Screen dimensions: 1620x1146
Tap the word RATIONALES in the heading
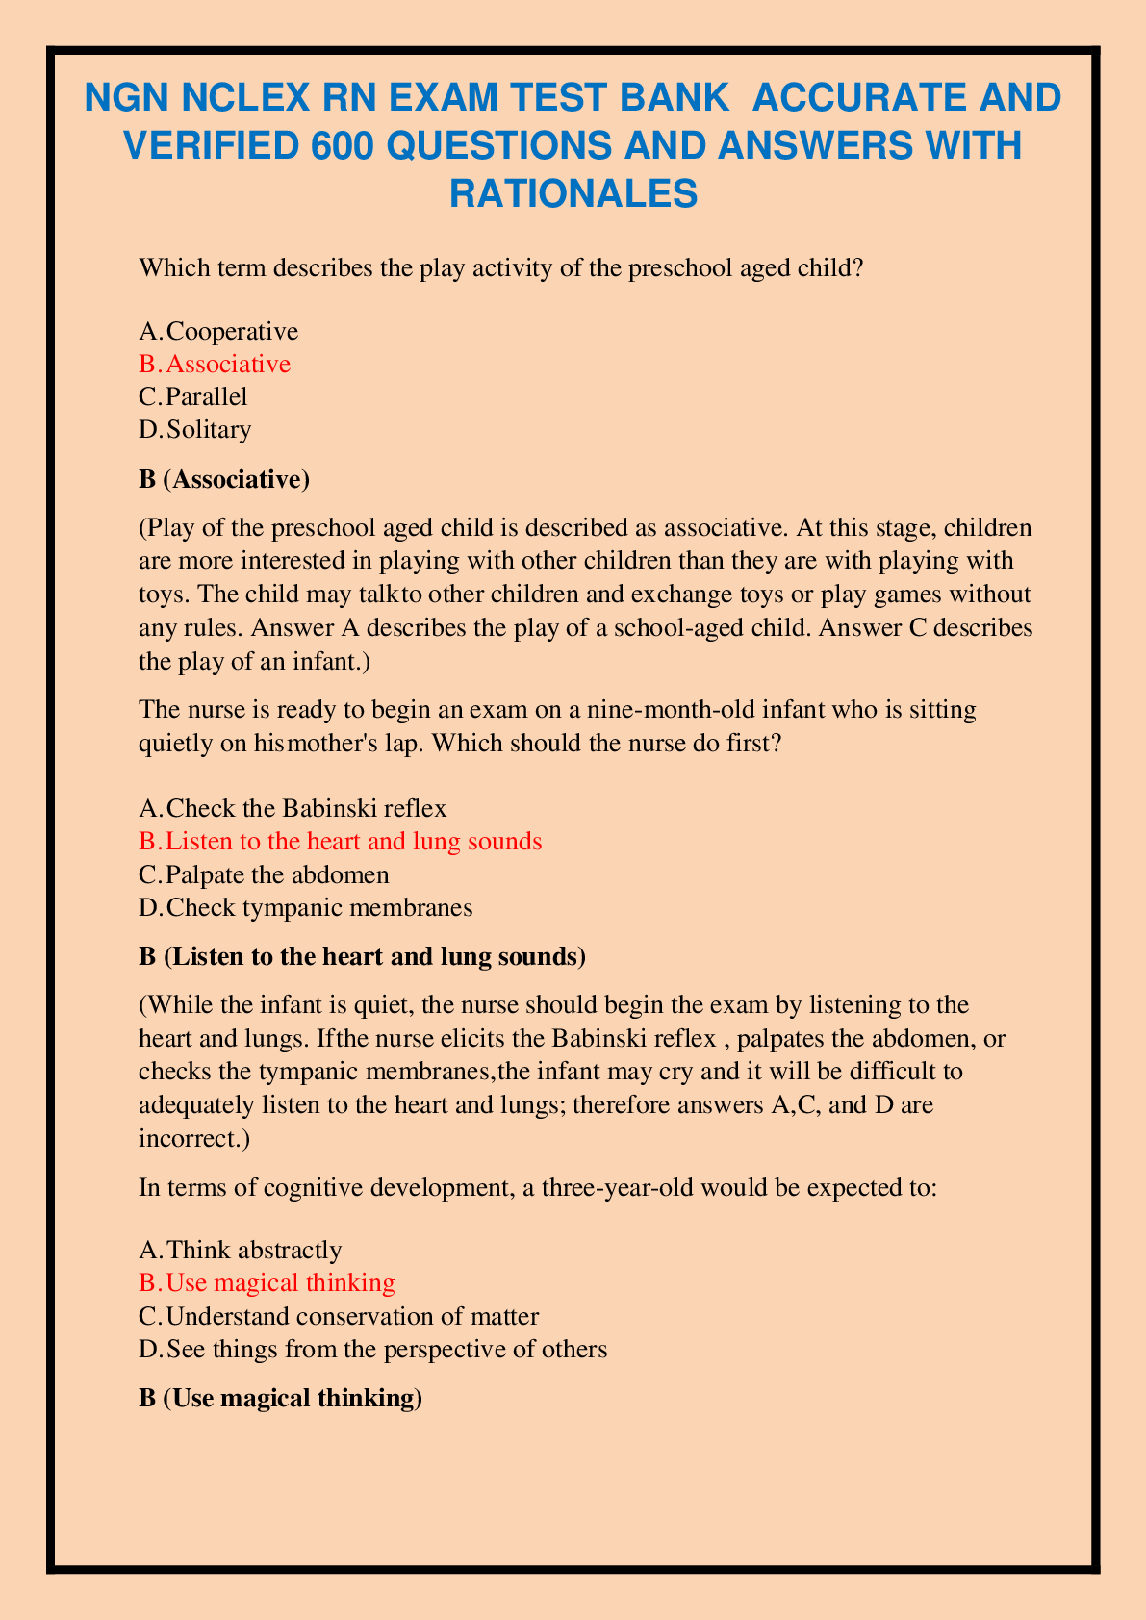pos(573,193)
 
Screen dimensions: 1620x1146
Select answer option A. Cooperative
pos(218,332)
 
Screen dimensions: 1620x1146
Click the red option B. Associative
pos(215,364)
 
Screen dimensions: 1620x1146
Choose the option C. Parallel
pos(193,396)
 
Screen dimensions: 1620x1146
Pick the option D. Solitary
pos(195,429)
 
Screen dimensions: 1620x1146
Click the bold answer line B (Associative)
pos(224,479)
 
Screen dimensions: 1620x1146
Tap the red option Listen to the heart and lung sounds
pos(353,842)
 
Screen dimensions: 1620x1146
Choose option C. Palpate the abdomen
pos(264,874)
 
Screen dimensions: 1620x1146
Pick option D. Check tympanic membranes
pos(305,907)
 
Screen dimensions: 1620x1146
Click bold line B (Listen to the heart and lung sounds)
pos(362,957)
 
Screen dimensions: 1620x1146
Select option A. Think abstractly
pos(241,1250)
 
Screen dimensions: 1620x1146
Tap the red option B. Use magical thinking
pos(267,1282)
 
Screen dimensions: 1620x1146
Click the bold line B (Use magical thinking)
pos(281,1398)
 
